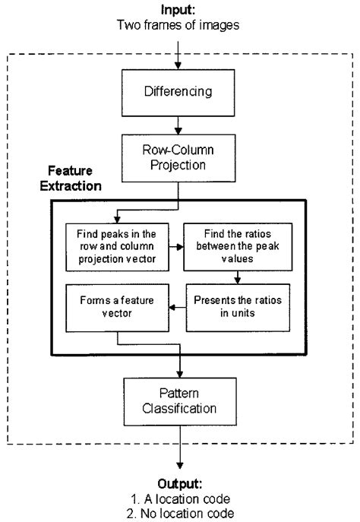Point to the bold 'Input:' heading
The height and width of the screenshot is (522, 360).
(180, 10)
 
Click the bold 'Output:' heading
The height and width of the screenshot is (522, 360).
(180, 482)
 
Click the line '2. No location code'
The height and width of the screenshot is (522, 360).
(180, 511)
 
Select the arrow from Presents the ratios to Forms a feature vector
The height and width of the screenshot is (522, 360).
(172, 307)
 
